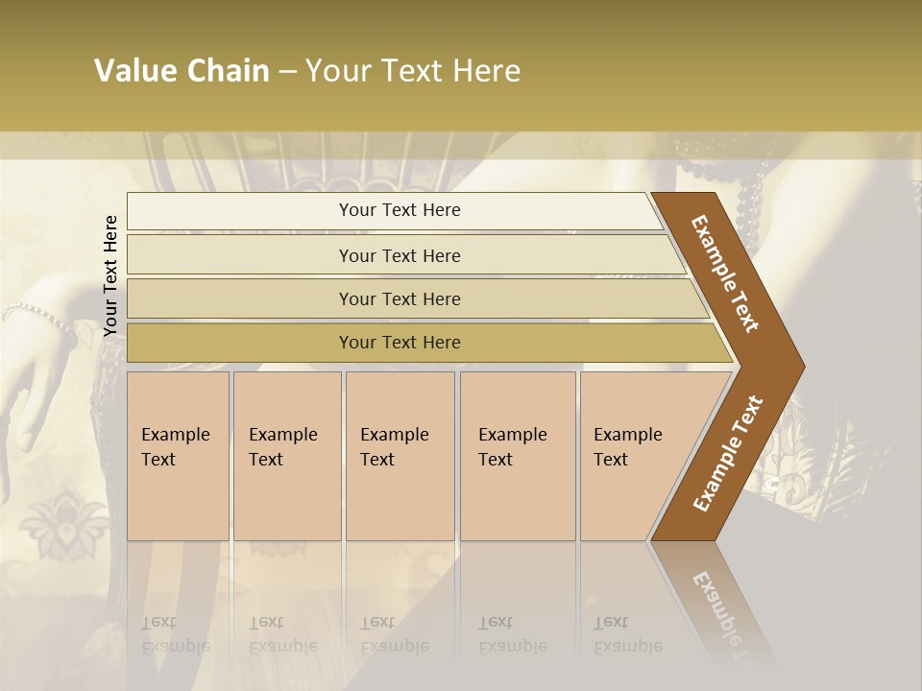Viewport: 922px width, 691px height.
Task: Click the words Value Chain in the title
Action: tap(182, 71)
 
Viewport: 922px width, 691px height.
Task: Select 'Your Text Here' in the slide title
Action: tap(413, 71)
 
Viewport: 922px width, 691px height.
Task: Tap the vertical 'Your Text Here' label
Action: tap(110, 275)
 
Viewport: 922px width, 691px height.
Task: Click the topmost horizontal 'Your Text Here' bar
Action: tap(400, 210)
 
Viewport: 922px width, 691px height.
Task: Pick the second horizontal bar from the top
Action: tap(400, 255)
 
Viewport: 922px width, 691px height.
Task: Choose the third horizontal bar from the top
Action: tap(400, 298)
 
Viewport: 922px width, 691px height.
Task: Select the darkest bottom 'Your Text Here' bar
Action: tap(400, 343)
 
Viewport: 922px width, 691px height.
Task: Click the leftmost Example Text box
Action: tap(178, 456)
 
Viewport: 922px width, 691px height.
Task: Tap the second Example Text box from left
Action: tap(286, 456)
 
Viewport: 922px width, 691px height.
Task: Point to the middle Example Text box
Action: tap(399, 456)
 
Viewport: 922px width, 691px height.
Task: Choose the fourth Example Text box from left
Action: tap(517, 456)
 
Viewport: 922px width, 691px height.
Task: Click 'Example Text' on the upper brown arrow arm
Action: tap(725, 274)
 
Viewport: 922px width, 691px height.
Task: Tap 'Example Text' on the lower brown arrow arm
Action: tap(728, 454)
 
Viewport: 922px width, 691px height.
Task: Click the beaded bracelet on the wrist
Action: tap(38, 314)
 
